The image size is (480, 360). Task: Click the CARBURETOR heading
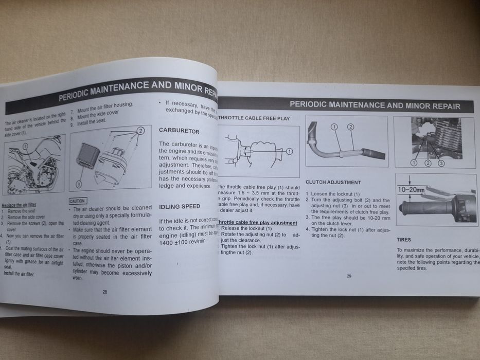179,131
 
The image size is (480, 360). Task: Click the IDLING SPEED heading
180,206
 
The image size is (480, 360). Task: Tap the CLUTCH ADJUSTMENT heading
333,182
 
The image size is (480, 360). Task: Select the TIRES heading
404,240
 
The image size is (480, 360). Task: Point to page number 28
104,291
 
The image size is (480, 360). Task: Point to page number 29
349,276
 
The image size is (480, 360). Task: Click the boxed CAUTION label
77,201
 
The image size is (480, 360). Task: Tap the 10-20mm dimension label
410,189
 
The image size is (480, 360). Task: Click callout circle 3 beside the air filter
79,183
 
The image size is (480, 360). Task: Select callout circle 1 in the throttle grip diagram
289,151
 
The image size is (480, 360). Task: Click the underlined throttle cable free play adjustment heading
258,222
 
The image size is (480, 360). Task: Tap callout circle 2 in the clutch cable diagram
350,127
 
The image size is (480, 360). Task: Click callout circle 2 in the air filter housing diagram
140,131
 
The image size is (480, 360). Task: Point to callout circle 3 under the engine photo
441,163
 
